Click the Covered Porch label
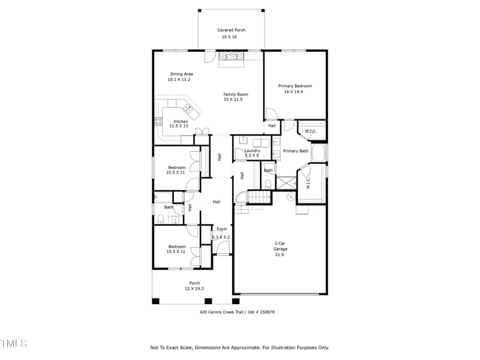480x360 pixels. (231, 30)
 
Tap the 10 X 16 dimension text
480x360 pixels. (231, 37)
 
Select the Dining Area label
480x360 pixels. (180, 74)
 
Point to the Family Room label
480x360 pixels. (236, 94)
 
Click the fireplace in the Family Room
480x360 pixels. (231, 57)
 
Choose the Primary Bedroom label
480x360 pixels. (295, 86)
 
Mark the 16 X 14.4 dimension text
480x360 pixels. (295, 92)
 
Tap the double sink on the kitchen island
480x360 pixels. (188, 109)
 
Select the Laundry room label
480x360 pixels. (252, 151)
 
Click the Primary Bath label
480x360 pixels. (295, 151)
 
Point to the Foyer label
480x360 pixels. (222, 229)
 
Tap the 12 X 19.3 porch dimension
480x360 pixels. (194, 289)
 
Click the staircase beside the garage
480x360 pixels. (257, 196)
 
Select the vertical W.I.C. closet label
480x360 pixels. (308, 182)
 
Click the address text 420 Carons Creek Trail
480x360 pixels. (222, 312)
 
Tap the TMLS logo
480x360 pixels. (13, 343)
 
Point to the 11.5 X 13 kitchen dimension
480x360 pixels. (179, 126)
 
